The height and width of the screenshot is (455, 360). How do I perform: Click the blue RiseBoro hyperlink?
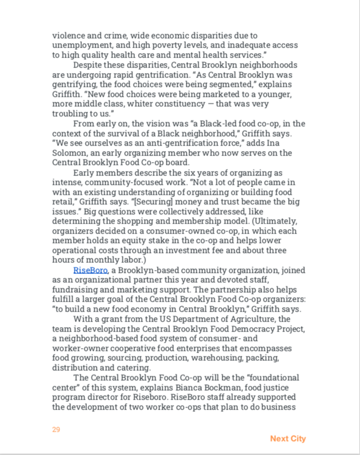coord(91,270)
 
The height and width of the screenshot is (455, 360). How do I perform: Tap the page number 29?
coord(56,430)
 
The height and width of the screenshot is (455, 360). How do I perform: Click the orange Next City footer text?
coord(288,438)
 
